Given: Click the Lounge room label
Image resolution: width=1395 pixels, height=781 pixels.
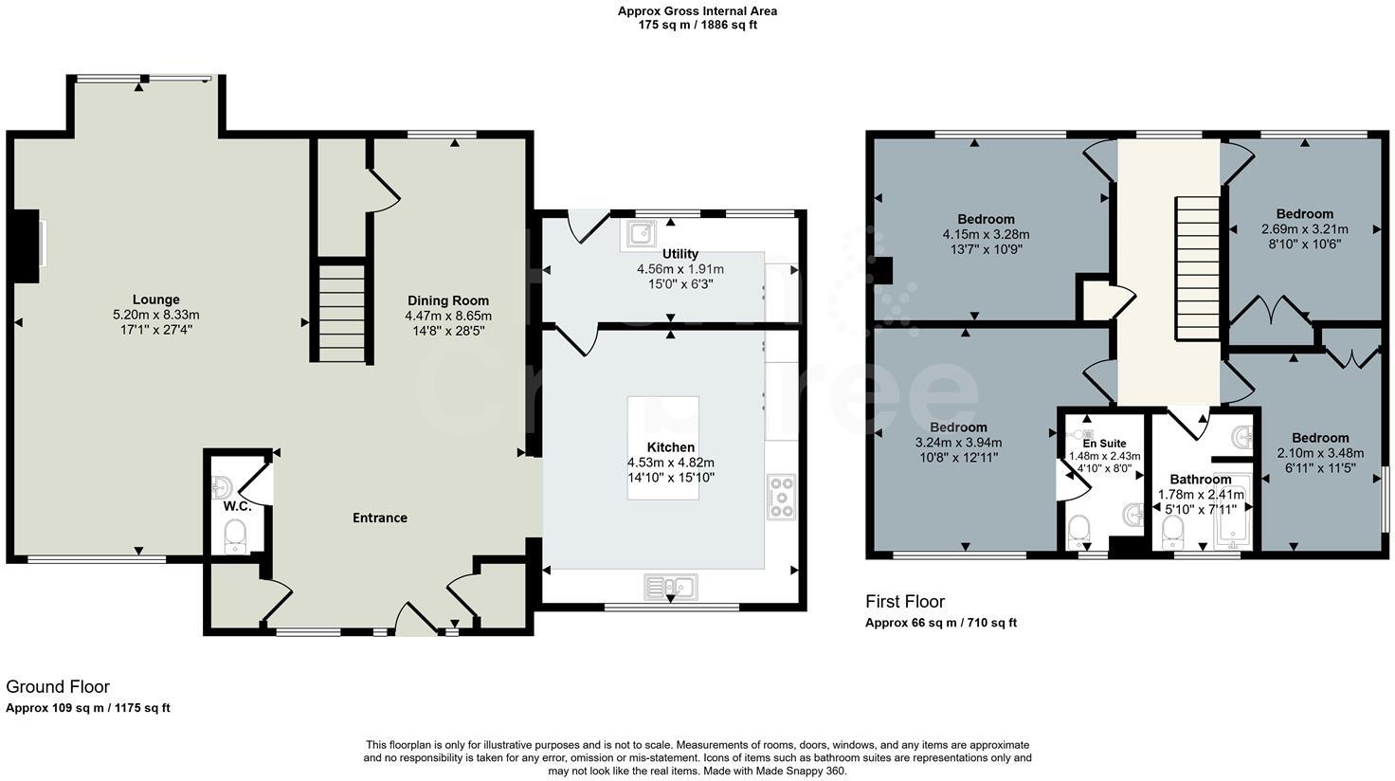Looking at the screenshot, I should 156,300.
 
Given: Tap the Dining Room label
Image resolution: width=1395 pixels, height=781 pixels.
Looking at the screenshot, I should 448,300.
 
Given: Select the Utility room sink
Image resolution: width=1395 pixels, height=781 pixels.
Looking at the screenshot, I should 642,232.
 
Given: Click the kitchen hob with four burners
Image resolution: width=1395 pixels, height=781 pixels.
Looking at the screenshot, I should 782,497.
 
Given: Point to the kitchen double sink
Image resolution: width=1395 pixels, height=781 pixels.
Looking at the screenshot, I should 671,588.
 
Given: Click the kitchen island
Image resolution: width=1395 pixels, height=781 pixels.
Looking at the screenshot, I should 662,447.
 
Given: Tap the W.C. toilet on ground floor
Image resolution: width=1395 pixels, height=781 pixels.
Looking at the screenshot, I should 235,538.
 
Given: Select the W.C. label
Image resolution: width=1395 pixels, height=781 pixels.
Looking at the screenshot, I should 237,506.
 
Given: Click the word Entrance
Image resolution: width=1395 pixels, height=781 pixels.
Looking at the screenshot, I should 380,518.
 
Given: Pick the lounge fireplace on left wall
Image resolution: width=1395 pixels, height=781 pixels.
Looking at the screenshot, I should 27,246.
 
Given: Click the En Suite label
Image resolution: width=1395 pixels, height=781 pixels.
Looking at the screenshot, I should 1104,443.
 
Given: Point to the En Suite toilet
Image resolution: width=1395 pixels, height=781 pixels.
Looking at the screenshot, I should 1078,531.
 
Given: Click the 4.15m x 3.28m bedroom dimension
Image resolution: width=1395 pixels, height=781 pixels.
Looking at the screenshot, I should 986,234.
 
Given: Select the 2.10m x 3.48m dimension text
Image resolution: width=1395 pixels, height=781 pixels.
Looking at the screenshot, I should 1319,452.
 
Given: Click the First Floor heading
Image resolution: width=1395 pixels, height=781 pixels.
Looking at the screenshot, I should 905,601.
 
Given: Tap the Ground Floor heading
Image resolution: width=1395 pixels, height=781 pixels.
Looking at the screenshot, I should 58,686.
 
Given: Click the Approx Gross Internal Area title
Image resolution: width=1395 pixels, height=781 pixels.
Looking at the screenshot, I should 697,11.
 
